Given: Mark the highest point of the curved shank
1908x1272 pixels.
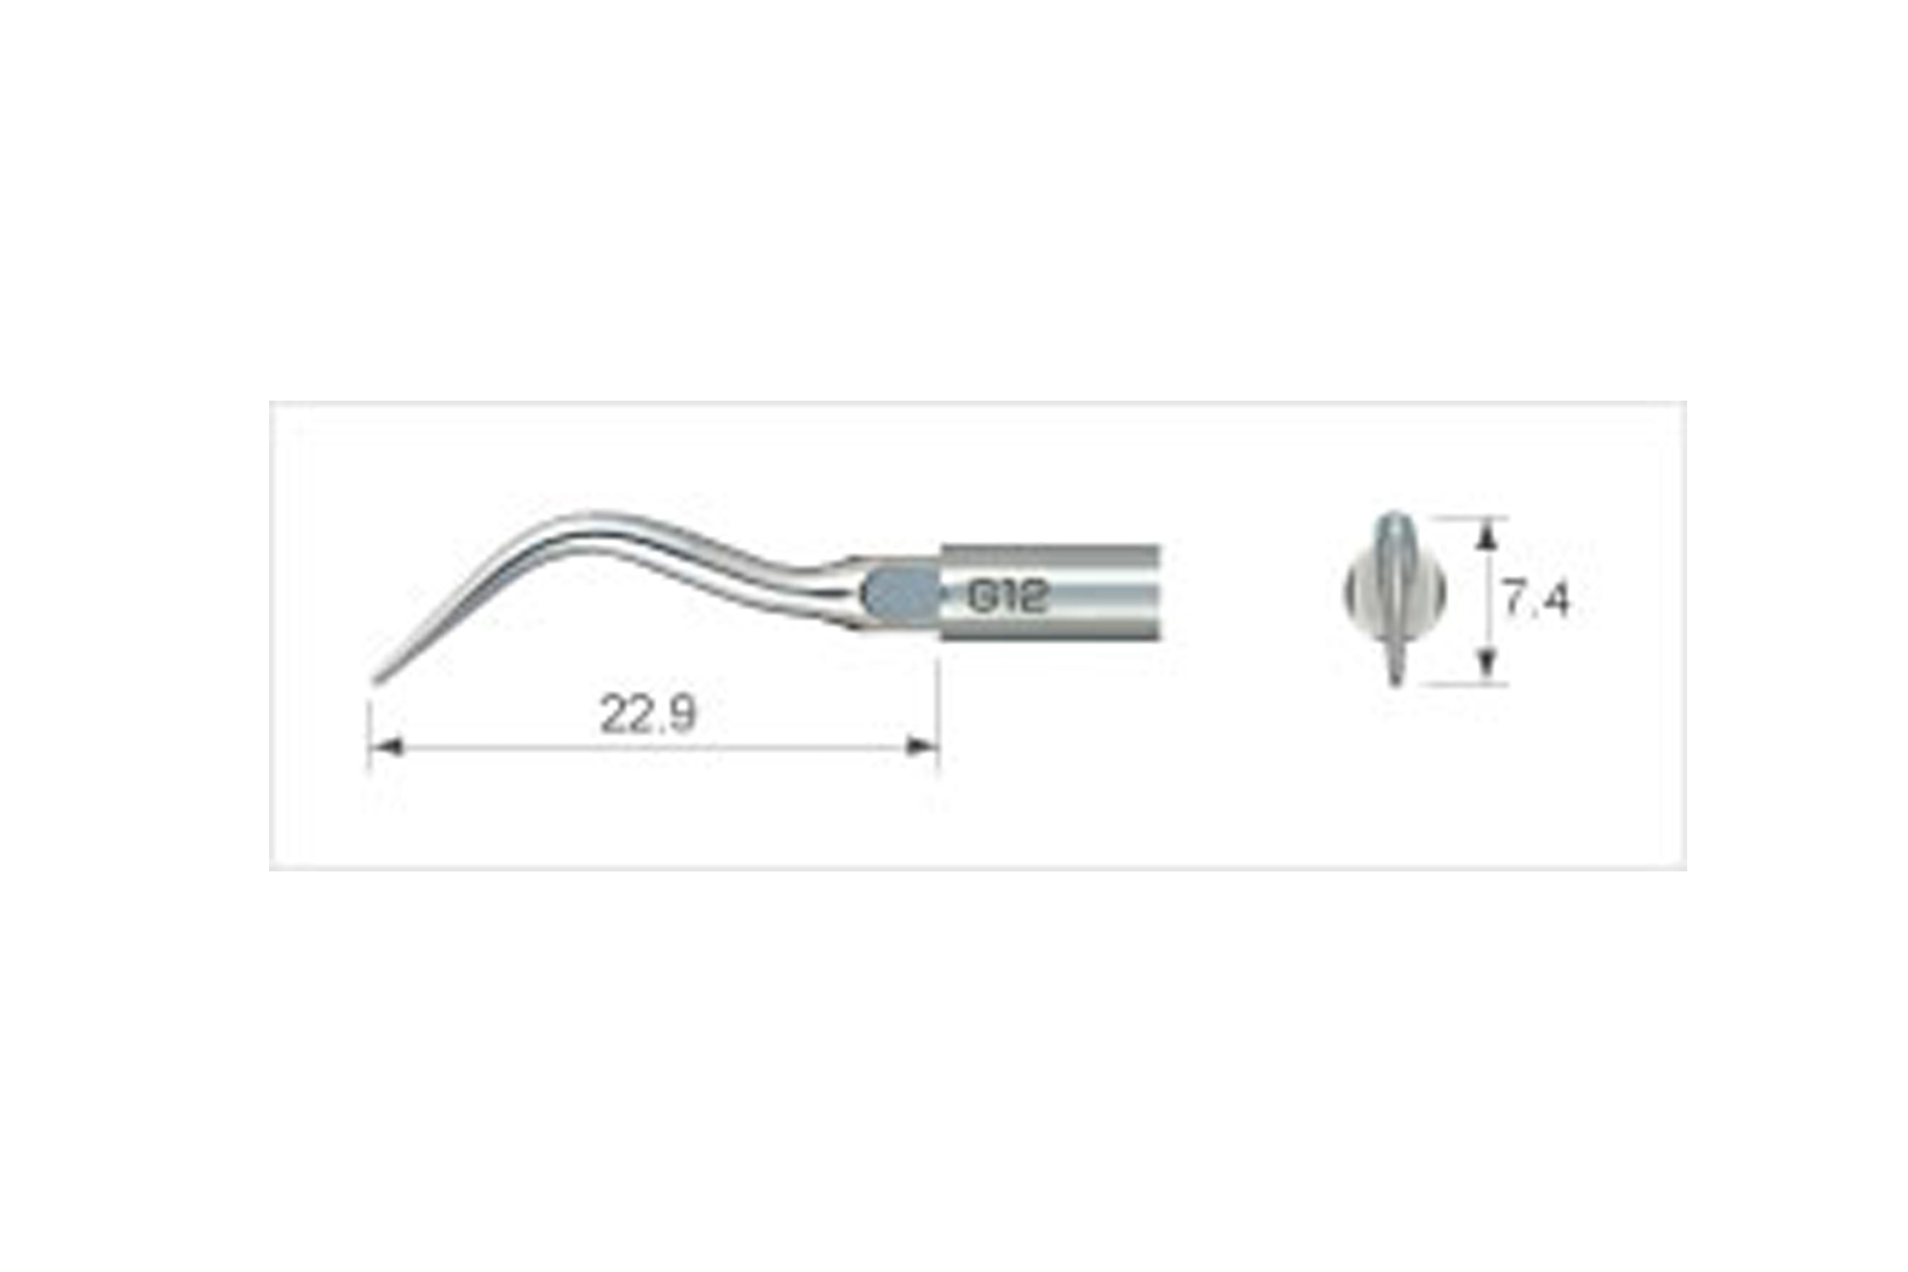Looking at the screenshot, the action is [x=592, y=514].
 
